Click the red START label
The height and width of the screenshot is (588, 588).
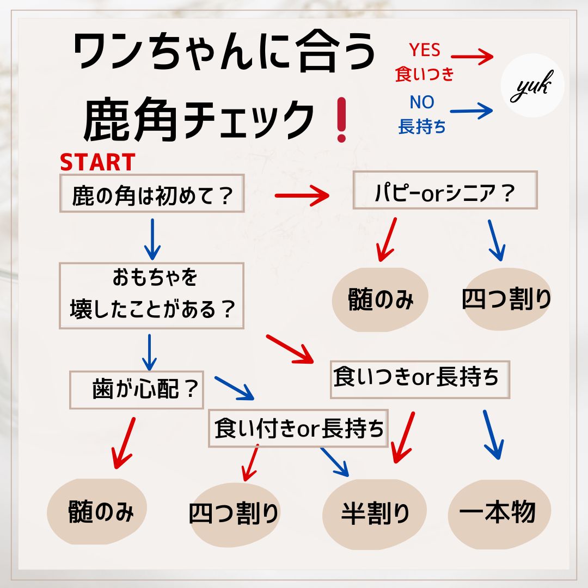coord(97,162)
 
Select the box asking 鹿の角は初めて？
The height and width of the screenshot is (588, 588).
coord(151,194)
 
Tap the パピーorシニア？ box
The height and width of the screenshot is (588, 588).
coord(445,190)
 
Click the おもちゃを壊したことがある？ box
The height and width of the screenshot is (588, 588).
coord(151,295)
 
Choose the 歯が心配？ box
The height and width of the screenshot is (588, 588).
coord(137,390)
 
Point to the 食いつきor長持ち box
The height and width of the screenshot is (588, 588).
coord(420,379)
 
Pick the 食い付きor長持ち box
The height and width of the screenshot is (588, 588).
coord(298,428)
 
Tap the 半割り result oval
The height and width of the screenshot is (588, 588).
coord(375,513)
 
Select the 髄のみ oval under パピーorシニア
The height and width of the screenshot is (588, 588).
coord(381,299)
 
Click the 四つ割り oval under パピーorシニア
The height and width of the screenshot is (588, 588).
coord(506,299)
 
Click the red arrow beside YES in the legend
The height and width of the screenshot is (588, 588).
coord(471,56)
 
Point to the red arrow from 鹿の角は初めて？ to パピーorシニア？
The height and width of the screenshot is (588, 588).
coord(302,195)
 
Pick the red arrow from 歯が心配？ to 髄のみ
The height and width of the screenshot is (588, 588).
coord(124,442)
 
